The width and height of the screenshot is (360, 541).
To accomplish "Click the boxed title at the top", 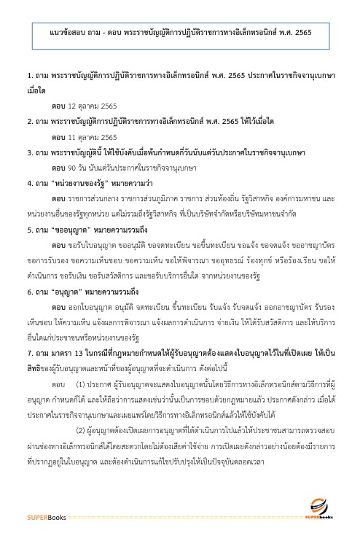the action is click(x=179, y=34).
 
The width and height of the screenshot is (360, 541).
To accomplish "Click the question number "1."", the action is click(x=28, y=75).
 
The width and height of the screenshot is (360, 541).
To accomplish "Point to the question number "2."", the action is click(x=28, y=121).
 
